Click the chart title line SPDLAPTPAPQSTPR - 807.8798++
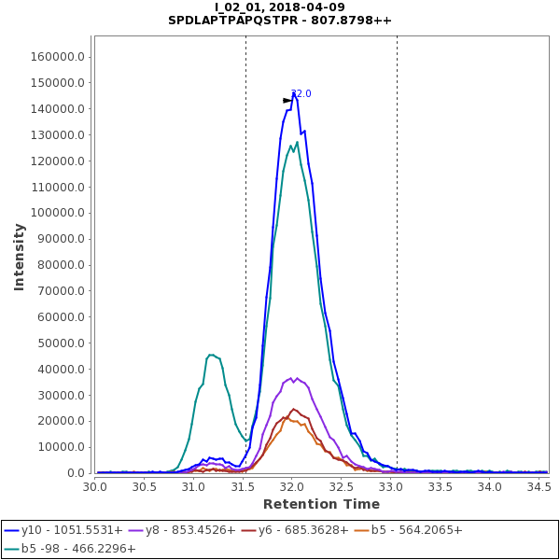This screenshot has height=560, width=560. tap(280, 20)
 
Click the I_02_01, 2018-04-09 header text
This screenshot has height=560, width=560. tap(280, 7)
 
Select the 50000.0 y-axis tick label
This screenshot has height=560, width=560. tap(63, 343)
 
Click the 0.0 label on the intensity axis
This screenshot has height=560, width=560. tap(77, 473)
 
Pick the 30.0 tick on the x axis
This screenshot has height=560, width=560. tap(95, 486)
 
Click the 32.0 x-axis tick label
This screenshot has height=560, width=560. tap(292, 486)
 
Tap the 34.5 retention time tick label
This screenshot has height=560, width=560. tap(539, 486)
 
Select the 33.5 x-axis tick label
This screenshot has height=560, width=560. tap(440, 486)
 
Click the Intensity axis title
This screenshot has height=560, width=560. tap(19, 256)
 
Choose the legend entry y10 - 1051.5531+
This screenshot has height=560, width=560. tap(63, 529)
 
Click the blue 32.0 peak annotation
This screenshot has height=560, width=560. tap(301, 93)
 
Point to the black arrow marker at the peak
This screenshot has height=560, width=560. tap(287, 100)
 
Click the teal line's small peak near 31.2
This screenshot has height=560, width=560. tap(212, 355)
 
